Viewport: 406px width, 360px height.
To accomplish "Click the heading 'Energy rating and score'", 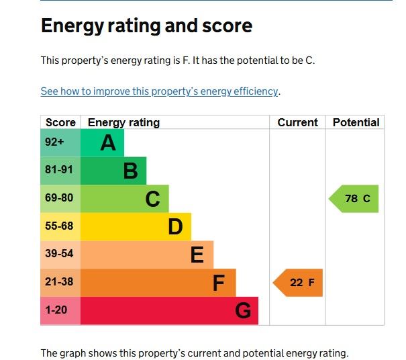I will [x=146, y=26].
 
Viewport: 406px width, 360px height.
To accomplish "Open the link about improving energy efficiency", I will [x=160, y=91].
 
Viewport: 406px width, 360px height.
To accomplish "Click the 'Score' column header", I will [x=60, y=122].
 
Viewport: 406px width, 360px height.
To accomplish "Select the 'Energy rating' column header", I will [x=123, y=122].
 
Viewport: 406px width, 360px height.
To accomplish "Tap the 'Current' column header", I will [x=297, y=122].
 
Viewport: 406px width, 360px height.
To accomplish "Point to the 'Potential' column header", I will [x=356, y=122].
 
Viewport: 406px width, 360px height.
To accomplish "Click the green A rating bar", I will [x=102, y=142].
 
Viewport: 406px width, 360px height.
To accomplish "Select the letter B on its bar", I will [x=130, y=171].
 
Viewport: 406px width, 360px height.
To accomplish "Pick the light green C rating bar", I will [x=125, y=199].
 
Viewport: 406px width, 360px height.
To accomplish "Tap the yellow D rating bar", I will [x=136, y=227].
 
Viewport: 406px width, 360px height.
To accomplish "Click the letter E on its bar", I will [x=197, y=255].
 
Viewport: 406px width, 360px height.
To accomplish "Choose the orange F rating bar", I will [x=158, y=283].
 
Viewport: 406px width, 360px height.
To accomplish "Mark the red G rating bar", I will [x=169, y=311].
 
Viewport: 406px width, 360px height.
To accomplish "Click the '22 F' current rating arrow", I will [x=299, y=283].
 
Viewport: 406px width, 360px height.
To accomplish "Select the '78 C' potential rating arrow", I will [x=355, y=199].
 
